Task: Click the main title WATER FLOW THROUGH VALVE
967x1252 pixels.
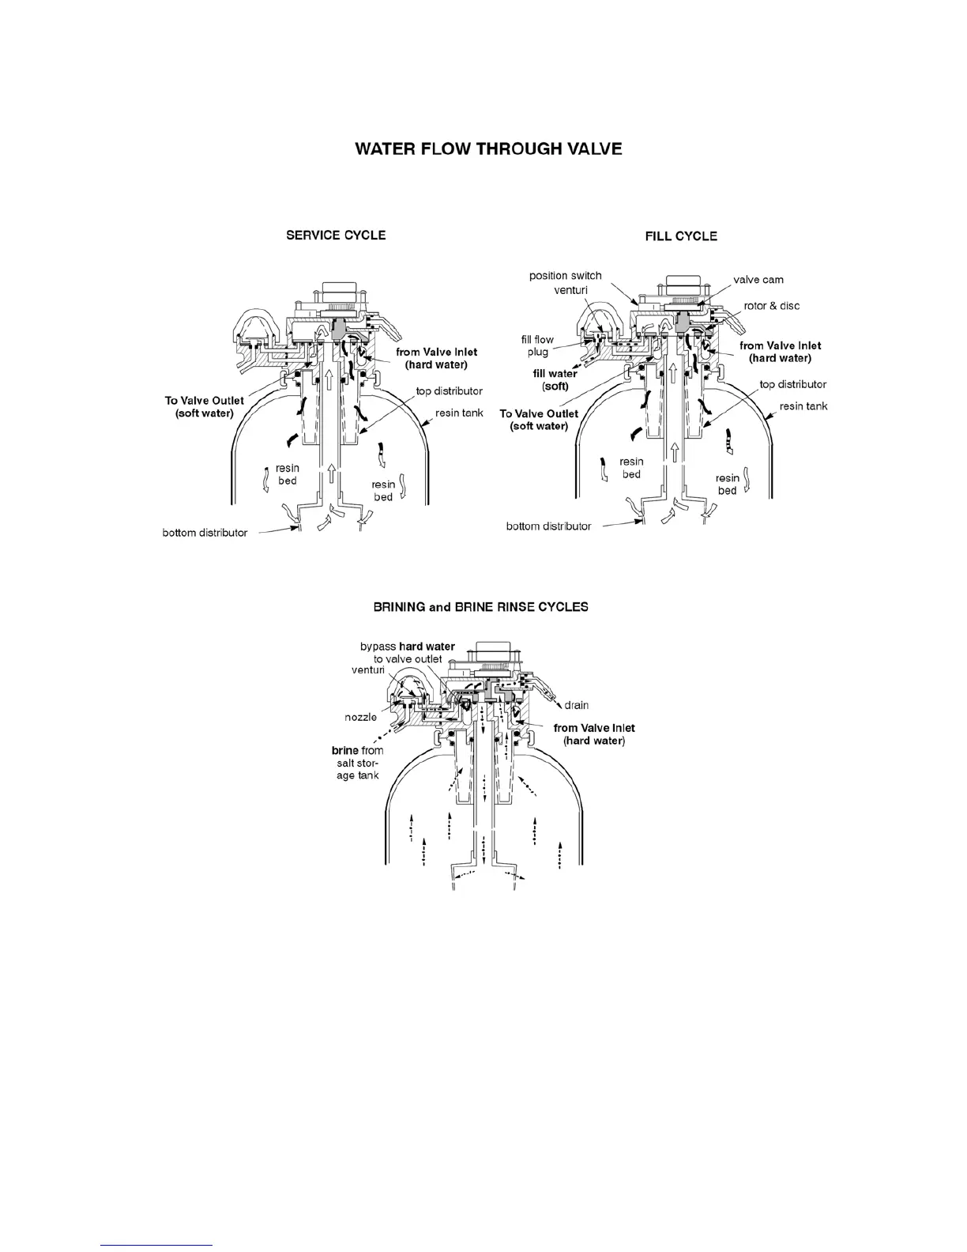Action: (488, 149)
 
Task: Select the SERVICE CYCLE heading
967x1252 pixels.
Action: (336, 235)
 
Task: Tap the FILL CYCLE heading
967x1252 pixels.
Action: (681, 236)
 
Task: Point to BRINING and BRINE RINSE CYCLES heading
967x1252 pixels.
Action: (480, 607)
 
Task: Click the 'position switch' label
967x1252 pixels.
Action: (565, 276)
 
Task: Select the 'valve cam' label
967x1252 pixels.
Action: (758, 280)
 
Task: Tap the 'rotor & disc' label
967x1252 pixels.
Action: (772, 306)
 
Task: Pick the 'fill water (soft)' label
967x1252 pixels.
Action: (555, 380)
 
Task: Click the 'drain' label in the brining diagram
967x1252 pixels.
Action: (576, 705)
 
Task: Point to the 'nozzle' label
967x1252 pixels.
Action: (360, 717)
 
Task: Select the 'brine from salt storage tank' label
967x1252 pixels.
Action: (358, 763)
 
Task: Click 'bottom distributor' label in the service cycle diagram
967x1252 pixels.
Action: (205, 533)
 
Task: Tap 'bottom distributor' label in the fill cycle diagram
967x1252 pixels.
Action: (548, 526)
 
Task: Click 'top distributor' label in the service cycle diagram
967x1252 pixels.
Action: (450, 391)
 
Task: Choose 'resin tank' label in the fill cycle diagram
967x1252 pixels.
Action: (803, 406)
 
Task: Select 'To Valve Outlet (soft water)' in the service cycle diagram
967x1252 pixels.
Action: (204, 407)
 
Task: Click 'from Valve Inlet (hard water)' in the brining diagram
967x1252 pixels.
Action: (594, 734)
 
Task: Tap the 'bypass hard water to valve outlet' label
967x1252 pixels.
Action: (408, 653)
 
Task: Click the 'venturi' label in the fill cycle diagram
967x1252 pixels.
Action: (569, 291)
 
